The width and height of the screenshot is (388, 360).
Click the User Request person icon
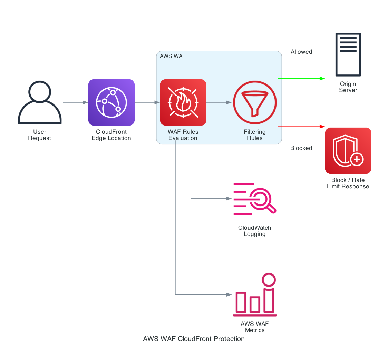(x=40, y=102)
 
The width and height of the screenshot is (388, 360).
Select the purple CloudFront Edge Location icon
(x=111, y=102)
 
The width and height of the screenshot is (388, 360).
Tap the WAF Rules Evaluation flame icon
(x=183, y=102)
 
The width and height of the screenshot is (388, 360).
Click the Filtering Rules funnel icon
(x=255, y=102)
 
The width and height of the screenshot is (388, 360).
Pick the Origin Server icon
(x=348, y=54)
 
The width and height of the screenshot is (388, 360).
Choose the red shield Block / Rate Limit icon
(x=348, y=151)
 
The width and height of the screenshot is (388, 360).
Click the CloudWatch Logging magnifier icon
(x=255, y=199)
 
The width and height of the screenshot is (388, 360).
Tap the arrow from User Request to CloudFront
(x=75, y=102)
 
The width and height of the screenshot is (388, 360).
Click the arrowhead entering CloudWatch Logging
(x=229, y=199)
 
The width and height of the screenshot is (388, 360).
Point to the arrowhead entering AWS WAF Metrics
(x=229, y=295)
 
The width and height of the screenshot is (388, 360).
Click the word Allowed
(x=301, y=52)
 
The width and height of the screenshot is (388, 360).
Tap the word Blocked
(x=301, y=148)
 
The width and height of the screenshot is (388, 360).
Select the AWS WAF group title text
(x=173, y=56)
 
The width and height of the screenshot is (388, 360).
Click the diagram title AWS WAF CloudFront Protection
(x=194, y=339)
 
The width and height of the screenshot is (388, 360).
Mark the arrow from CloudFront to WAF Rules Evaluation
(x=147, y=102)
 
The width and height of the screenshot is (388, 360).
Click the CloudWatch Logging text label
(x=255, y=231)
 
